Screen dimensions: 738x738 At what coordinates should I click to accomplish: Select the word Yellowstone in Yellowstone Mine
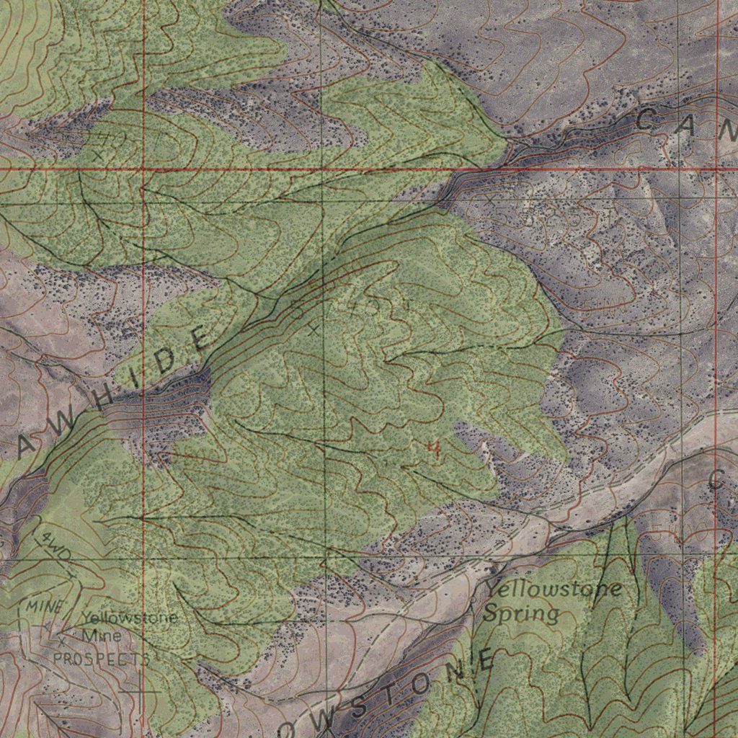point(129,618)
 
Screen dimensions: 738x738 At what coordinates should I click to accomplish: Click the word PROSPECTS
point(102,659)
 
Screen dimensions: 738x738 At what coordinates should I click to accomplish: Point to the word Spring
point(520,614)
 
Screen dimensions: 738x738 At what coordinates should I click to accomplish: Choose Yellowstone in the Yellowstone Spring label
point(552,589)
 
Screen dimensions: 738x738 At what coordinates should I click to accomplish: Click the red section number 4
point(434,450)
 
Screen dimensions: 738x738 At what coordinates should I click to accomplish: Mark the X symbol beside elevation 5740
point(312,329)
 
